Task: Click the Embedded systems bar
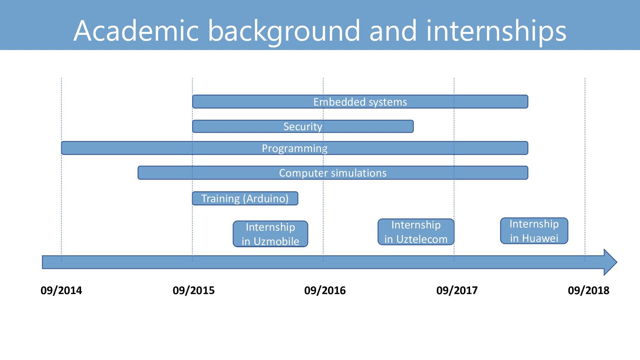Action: [360, 102]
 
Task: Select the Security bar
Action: [303, 127]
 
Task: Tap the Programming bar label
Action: [295, 148]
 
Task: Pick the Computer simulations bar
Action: [333, 173]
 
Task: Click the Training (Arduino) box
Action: [245, 198]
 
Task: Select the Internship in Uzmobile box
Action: [270, 234]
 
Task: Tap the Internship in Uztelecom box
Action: [416, 232]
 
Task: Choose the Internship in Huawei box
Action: [534, 231]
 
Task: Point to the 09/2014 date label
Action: [61, 290]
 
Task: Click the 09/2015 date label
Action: [194, 290]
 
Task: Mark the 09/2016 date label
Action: [325, 290]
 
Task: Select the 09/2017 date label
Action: [457, 290]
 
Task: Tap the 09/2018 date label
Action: [589, 290]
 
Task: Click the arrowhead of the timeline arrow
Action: [610, 262]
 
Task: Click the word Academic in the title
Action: [136, 31]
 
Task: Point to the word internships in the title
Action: [496, 31]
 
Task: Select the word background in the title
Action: [284, 31]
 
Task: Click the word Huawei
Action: [540, 238]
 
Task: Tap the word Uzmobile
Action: [276, 241]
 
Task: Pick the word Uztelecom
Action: [422, 239]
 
